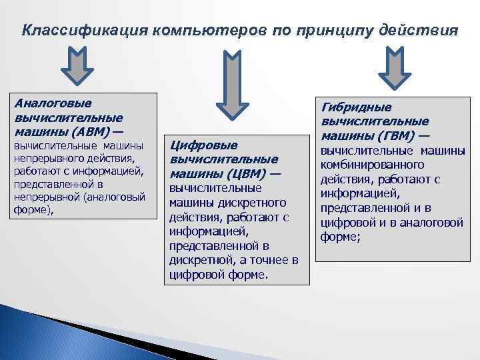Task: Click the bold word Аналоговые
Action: pyautogui.click(x=53, y=103)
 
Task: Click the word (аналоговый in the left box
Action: pyautogui.click(x=109, y=197)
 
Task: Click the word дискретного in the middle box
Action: pyautogui.click(x=252, y=202)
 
